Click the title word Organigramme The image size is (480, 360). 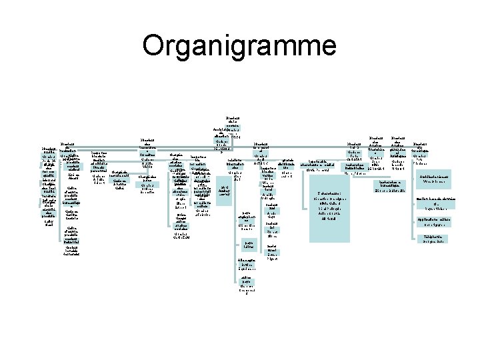pyautogui.click(x=239, y=47)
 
